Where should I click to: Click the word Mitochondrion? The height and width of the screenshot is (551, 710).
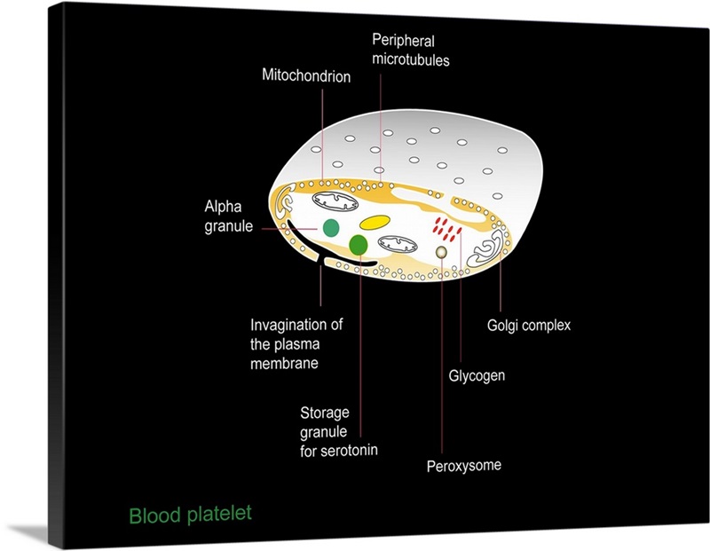306,77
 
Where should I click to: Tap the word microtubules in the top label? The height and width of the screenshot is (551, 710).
411,61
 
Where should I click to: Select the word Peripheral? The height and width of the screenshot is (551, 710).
403,41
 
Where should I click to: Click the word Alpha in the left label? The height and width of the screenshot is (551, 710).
223,207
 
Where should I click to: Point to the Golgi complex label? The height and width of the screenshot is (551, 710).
529,326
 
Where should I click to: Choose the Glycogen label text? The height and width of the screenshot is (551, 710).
477,375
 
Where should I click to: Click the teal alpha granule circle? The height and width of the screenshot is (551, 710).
330,228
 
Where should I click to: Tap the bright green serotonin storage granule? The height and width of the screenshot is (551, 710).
359,244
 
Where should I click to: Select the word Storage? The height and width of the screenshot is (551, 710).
325,413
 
